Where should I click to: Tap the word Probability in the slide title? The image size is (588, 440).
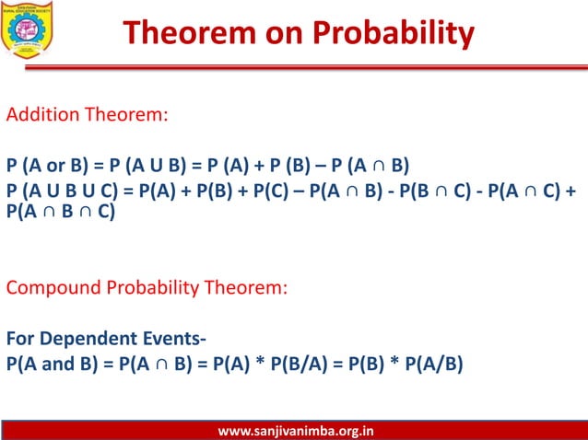pos(394,33)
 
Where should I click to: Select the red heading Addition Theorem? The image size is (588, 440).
pos(88,117)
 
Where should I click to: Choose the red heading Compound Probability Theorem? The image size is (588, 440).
pos(147,286)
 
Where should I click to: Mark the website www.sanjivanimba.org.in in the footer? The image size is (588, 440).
pos(295,431)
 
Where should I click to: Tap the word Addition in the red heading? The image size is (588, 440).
pos(42,117)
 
